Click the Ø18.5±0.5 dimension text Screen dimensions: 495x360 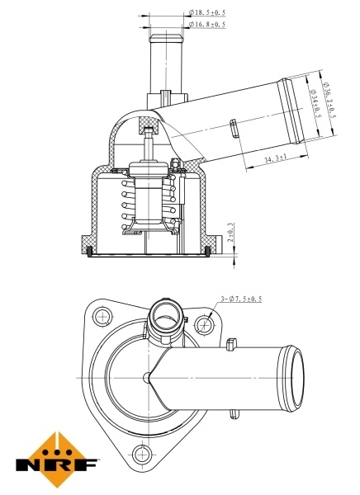[x=208, y=12]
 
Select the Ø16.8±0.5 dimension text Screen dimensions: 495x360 [x=208, y=24]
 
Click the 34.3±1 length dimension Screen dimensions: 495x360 [x=276, y=158]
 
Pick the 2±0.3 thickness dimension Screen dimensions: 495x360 [x=230, y=233]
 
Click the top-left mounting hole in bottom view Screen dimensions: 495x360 [x=102, y=315]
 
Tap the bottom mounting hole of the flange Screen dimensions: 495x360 [x=144, y=452]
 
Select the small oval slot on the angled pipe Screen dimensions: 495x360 [x=233, y=129]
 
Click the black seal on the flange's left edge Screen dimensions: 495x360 [x=90, y=248]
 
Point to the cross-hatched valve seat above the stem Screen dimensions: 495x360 [x=149, y=129]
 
